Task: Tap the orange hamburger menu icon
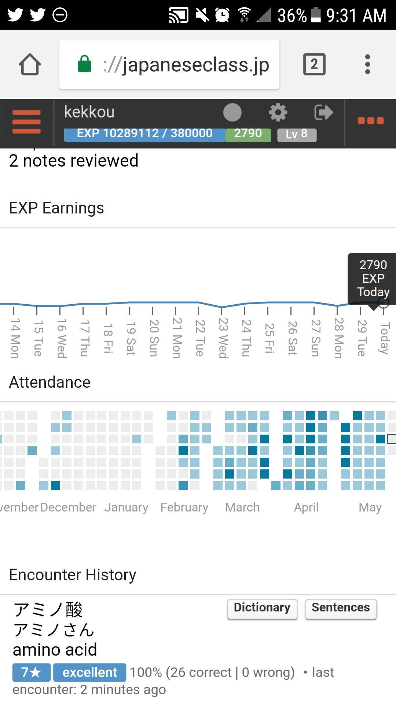click(x=26, y=122)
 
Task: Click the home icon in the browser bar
click(x=30, y=64)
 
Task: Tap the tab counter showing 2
click(x=314, y=64)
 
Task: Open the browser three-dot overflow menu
click(x=367, y=64)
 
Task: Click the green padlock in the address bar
click(x=84, y=64)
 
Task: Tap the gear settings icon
click(x=278, y=112)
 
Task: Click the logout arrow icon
click(x=323, y=112)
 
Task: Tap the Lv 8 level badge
click(x=297, y=134)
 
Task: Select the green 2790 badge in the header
click(x=248, y=134)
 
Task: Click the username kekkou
click(x=89, y=112)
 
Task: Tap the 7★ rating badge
click(x=31, y=672)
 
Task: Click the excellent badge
click(x=90, y=672)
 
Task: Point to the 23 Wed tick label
click(x=223, y=338)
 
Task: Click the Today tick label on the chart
click(x=384, y=338)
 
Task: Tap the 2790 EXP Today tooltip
click(x=373, y=278)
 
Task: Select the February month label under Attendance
click(x=184, y=507)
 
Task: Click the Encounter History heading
click(x=73, y=575)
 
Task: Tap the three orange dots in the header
click(x=370, y=121)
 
